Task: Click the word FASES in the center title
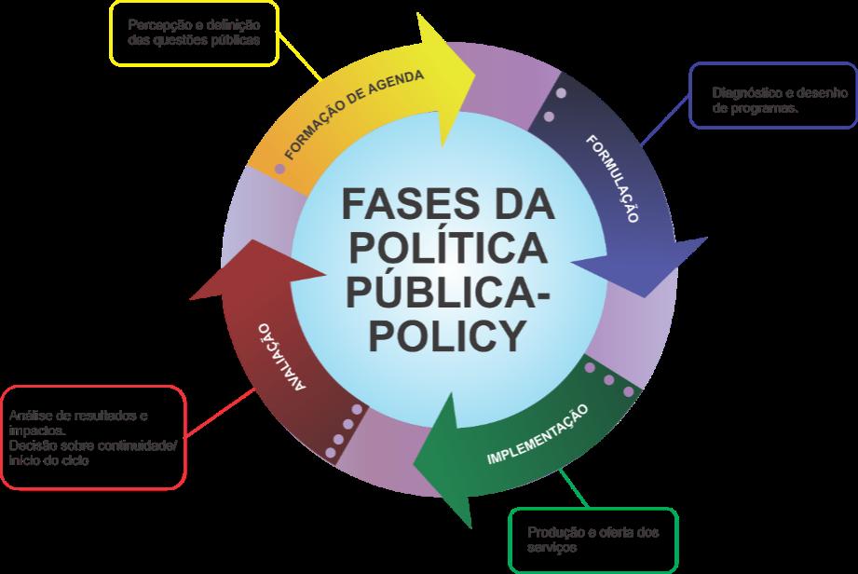point(389,203)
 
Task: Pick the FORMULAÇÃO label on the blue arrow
point(612,177)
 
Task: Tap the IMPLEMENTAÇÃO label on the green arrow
point(538,434)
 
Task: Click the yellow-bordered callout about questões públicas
point(194,33)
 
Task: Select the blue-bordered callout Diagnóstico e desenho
point(772,96)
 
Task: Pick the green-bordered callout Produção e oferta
point(592,540)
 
